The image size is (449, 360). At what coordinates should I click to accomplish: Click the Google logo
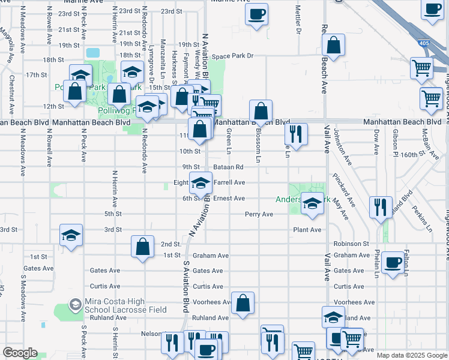(x=20, y=353)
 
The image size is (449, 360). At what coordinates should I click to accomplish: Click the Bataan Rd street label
(x=228, y=167)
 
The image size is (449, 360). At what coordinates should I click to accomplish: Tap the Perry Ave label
(x=259, y=214)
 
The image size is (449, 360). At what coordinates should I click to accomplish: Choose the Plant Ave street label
(x=308, y=230)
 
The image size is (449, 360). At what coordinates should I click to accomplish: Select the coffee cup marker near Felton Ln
(x=393, y=262)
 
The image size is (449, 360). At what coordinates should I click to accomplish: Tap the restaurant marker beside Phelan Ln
(x=381, y=207)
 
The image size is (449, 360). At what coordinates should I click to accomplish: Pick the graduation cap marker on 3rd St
(x=71, y=235)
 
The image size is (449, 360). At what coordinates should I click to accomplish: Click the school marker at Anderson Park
(x=312, y=203)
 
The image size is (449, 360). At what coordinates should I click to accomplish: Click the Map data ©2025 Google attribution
(x=411, y=355)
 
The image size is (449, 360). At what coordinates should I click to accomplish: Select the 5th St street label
(x=113, y=214)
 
